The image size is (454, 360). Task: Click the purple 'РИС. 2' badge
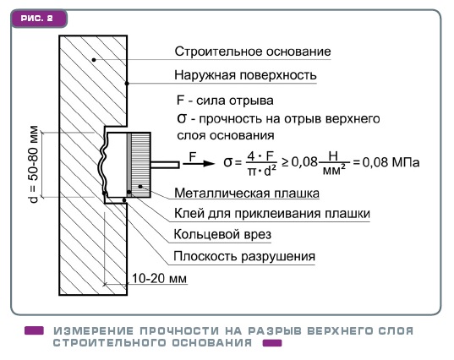point(39,19)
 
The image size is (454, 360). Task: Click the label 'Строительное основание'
point(253,52)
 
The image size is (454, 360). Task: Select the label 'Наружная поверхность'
point(245,75)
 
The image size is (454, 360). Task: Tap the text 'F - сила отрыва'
point(225,101)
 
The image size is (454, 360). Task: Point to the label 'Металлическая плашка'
point(247,193)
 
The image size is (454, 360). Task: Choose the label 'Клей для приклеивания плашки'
point(272,214)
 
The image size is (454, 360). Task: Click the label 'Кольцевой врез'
point(222,234)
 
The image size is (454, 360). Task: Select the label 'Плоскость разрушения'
point(244,256)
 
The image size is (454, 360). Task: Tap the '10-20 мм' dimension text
point(159,278)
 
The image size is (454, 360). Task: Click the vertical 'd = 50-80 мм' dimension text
point(34,165)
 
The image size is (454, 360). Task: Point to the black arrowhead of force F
point(209,163)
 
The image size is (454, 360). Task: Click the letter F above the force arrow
point(193,157)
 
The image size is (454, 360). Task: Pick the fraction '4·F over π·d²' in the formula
point(262,164)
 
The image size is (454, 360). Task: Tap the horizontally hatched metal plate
point(141,165)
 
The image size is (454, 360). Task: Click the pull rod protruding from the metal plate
point(165,165)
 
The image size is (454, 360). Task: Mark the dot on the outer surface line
point(127,84)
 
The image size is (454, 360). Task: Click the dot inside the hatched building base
point(94,60)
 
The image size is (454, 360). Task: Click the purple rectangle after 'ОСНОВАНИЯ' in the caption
point(272,343)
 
